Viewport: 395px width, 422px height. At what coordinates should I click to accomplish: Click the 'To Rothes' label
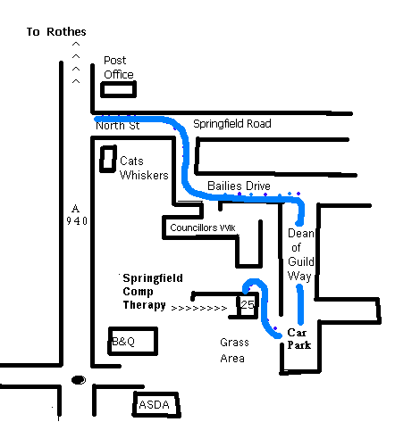pos(56,31)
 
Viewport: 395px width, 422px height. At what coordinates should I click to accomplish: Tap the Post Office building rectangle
pos(119,82)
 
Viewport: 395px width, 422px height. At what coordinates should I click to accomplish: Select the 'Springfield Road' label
pos(232,124)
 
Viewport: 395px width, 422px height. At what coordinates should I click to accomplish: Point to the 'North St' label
pos(118,126)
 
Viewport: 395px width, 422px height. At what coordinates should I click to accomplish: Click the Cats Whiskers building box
pos(101,159)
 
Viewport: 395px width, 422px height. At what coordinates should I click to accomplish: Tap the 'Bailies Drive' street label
pos(239,186)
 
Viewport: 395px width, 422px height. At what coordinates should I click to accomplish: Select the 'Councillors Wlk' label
pos(203,228)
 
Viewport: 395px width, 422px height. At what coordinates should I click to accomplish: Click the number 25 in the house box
pos(248,304)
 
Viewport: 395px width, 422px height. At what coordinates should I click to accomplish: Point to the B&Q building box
pos(109,341)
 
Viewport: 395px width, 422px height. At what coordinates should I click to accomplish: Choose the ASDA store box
pos(134,404)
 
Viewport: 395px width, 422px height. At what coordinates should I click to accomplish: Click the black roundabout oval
pos(79,380)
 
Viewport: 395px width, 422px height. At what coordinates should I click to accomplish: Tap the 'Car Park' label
pos(299,339)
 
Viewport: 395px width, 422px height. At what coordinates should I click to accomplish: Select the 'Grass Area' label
pos(234,351)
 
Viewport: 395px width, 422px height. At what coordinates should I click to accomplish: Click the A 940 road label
pos(77,215)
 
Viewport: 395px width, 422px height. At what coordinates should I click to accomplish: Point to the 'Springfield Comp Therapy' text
pos(153,292)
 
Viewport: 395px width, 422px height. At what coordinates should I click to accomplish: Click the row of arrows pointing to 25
pos(199,308)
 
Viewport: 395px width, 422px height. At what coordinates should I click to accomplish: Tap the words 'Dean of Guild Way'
pos(301,255)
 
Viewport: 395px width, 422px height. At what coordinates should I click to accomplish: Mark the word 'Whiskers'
pos(144,175)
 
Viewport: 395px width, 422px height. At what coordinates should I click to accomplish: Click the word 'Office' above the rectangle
pos(119,74)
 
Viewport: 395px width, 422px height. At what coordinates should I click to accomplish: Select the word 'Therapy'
pos(144,305)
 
